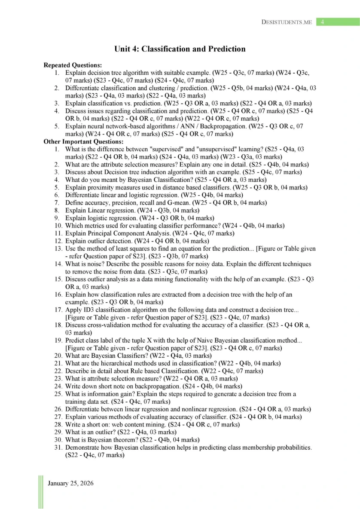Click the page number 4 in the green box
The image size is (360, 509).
coord(322,21)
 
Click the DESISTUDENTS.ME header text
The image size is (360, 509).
coord(286,22)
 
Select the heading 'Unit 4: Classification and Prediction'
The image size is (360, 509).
coord(180,49)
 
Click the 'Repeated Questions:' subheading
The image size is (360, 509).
coord(73,65)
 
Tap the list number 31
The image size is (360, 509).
coord(58,448)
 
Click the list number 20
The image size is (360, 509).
coord(58,356)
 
